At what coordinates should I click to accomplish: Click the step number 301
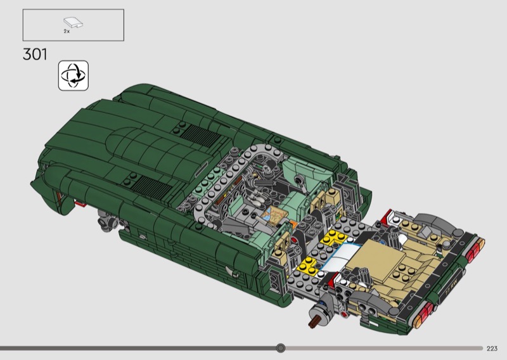pyautogui.click(x=35, y=54)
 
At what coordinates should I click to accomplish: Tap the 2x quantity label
pyautogui.click(x=67, y=32)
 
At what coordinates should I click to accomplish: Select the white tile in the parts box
pyautogui.click(x=73, y=22)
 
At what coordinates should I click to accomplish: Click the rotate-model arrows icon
pyautogui.click(x=74, y=75)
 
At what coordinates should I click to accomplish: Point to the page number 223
pyautogui.click(x=492, y=349)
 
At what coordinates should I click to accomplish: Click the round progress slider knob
pyautogui.click(x=281, y=348)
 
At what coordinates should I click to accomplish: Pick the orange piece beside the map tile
pyautogui.click(x=293, y=224)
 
